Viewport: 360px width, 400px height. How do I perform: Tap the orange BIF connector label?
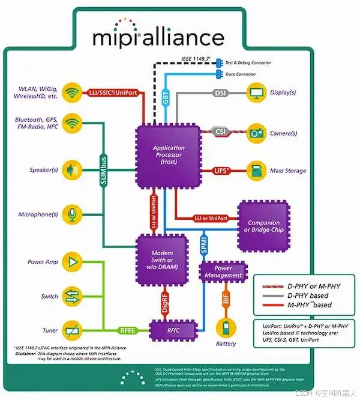(226, 301)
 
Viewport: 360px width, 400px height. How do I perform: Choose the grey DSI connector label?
(220, 93)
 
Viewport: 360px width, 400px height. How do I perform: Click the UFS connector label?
(220, 171)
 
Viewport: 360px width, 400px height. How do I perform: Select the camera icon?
(257, 132)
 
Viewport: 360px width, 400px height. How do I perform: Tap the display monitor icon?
(257, 94)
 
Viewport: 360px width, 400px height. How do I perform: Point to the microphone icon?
(73, 214)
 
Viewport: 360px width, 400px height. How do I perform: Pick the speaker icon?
(73, 169)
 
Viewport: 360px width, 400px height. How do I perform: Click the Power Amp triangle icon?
(73, 262)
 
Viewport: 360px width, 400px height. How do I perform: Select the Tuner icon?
(73, 330)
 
